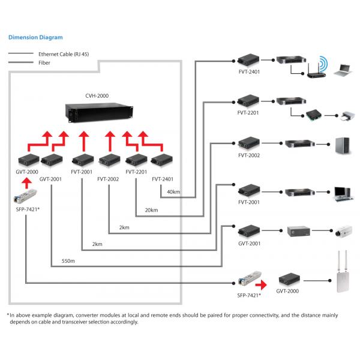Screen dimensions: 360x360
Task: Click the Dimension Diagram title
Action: pyautogui.click(x=35, y=37)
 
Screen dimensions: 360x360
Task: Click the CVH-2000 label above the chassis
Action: pyautogui.click(x=97, y=95)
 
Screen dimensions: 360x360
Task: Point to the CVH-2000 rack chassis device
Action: pyautogui.click(x=98, y=112)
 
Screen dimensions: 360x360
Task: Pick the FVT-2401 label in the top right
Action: pyautogui.click(x=249, y=71)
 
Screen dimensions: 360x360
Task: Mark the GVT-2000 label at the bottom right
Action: pyautogui.click(x=287, y=291)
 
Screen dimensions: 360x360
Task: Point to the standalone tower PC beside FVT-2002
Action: pyautogui.click(x=340, y=145)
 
